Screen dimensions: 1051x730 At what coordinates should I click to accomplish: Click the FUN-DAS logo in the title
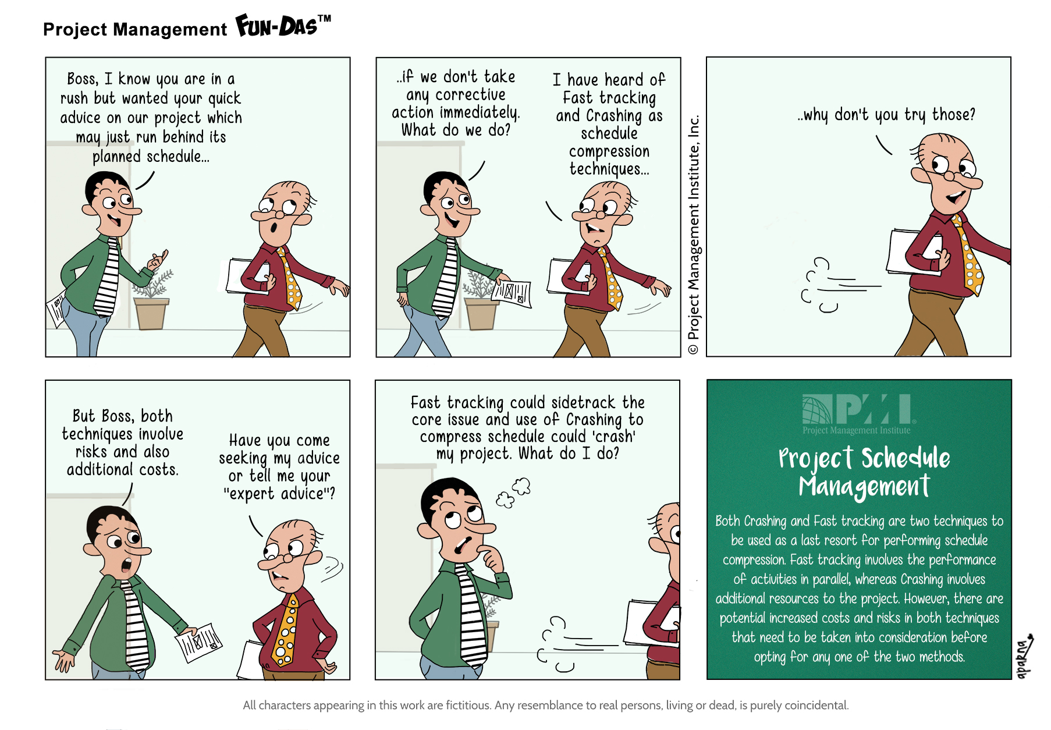(283, 26)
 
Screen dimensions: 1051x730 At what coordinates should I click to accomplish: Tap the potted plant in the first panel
(152, 299)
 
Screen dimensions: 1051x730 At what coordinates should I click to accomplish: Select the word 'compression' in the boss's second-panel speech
(609, 151)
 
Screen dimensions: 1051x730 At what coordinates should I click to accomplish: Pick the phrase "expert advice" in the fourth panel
(279, 494)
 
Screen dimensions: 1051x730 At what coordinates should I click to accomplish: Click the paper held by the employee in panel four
(198, 642)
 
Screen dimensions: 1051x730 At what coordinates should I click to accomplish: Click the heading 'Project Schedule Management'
(864, 472)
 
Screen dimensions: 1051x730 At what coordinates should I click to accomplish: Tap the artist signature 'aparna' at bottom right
(1024, 657)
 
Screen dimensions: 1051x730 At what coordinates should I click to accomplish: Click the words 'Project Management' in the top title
(135, 29)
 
